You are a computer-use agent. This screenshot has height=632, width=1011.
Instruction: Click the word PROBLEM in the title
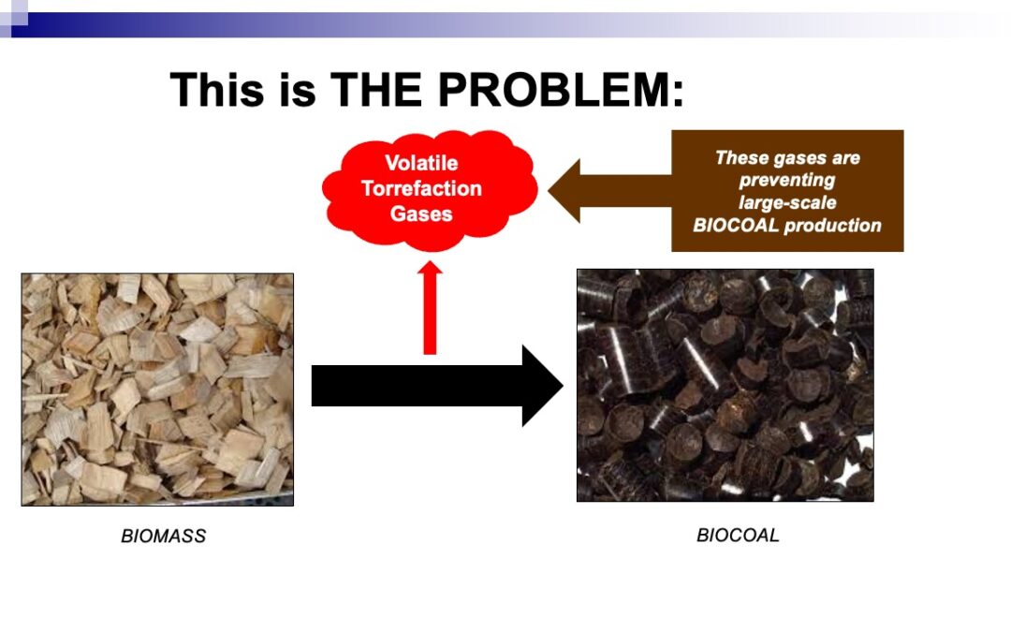click(x=560, y=89)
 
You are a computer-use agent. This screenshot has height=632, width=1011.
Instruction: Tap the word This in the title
click(x=217, y=89)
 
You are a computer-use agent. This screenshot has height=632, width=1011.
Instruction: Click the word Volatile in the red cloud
click(x=421, y=163)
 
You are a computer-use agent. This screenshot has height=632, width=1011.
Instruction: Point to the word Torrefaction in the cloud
click(x=421, y=188)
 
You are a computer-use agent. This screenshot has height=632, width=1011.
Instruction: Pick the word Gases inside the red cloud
click(x=421, y=213)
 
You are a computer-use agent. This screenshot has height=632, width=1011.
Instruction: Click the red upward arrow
click(x=430, y=308)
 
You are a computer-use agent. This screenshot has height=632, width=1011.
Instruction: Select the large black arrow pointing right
click(x=437, y=386)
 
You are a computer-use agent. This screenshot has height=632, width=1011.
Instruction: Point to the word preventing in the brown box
click(x=786, y=180)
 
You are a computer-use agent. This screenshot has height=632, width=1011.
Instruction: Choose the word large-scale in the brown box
click(x=787, y=202)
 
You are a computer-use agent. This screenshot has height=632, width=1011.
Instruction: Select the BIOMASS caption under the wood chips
click(x=164, y=536)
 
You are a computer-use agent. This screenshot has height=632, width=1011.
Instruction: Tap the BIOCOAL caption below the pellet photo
click(x=738, y=536)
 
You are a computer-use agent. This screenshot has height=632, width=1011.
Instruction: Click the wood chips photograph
click(x=157, y=389)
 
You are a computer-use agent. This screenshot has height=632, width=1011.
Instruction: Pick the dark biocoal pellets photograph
click(x=725, y=385)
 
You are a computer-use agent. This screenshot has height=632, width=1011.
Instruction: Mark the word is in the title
click(x=298, y=89)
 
